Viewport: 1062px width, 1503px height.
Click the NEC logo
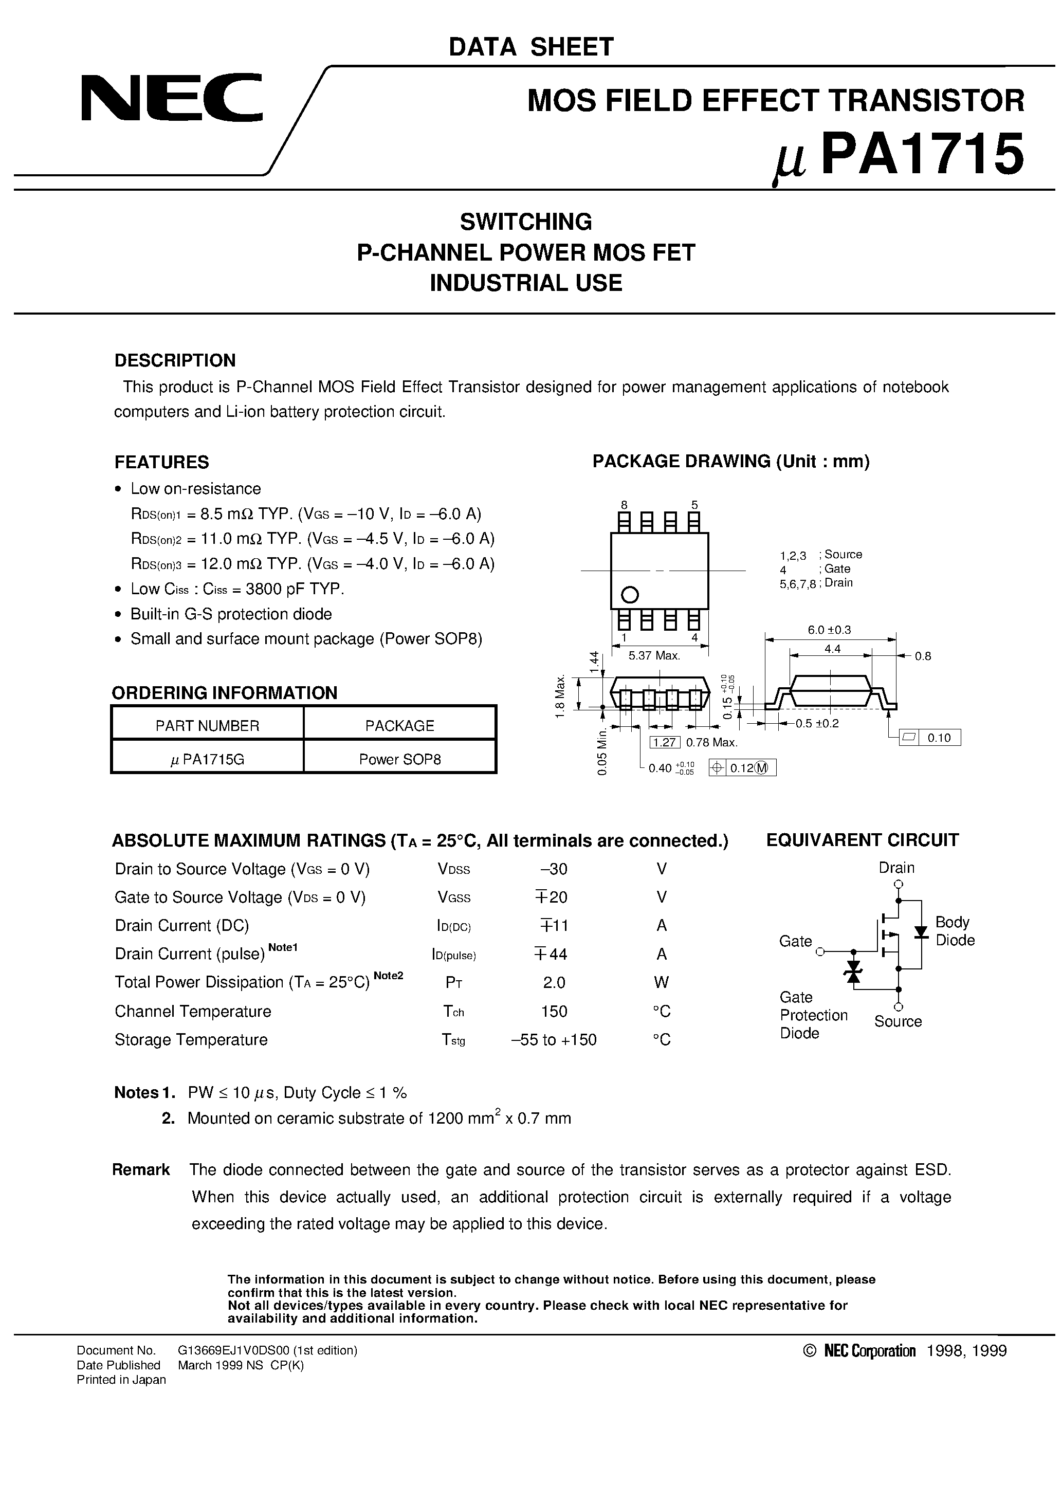tap(172, 98)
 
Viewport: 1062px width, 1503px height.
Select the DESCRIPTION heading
tap(175, 361)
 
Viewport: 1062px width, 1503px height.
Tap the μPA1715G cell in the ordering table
tap(207, 759)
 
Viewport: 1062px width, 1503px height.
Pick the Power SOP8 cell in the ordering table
tap(399, 759)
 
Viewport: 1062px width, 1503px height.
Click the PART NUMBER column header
tap(207, 725)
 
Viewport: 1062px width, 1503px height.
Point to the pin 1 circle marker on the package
tap(629, 594)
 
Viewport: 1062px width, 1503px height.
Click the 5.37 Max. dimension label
tap(654, 655)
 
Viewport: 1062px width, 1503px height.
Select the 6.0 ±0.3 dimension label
tap(829, 630)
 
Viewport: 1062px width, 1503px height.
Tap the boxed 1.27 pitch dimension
tap(665, 742)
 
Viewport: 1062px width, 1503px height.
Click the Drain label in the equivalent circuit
tap(896, 868)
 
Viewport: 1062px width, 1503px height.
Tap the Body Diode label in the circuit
tap(955, 931)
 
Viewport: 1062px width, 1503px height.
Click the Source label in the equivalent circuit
tap(898, 1021)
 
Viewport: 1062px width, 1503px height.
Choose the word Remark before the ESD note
tap(141, 1170)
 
